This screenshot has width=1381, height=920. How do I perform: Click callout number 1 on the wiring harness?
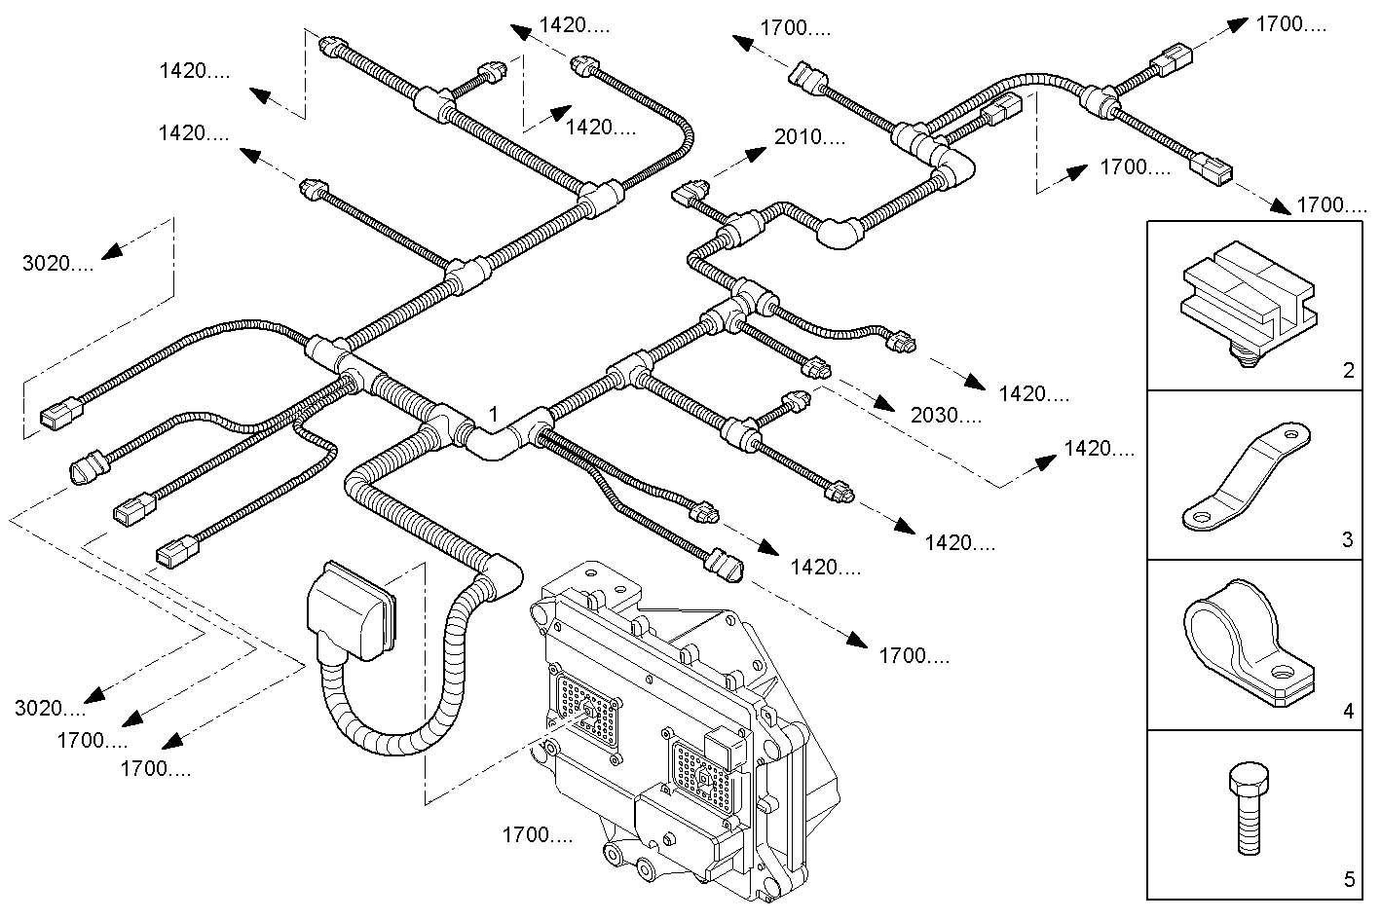(494, 415)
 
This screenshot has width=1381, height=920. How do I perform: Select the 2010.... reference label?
(809, 137)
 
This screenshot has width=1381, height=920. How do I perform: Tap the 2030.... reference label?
(946, 416)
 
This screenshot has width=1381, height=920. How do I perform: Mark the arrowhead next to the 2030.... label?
(883, 403)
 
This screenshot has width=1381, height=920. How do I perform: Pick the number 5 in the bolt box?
(1348, 880)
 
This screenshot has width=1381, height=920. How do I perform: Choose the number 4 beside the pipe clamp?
(1348, 712)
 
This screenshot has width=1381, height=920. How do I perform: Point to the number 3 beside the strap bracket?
(1348, 539)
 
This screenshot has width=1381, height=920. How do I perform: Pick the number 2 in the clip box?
(1348, 370)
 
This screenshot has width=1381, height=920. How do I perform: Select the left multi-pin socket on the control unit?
(586, 712)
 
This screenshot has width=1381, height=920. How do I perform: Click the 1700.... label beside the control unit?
(537, 834)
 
